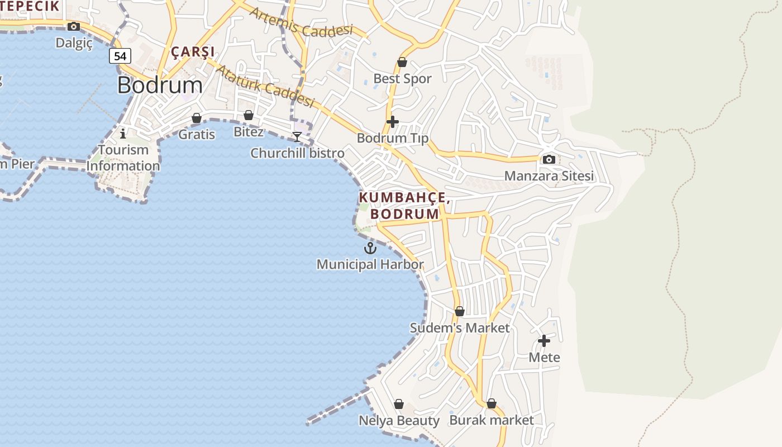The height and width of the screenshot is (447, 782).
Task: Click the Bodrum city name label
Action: [x=160, y=85]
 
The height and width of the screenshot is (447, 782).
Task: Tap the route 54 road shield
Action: [x=120, y=56]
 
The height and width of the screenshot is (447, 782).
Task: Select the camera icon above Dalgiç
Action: [x=73, y=26]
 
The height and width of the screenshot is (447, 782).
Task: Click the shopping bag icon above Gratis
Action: [x=197, y=118]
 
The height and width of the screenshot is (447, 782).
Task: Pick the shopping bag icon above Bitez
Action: [x=249, y=115]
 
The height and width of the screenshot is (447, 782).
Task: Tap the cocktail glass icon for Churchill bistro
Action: [x=297, y=136]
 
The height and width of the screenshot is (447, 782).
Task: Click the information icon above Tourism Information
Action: [x=123, y=134]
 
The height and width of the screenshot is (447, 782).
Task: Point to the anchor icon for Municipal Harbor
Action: [x=370, y=248]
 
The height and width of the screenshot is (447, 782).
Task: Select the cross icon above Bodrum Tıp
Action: [x=393, y=121]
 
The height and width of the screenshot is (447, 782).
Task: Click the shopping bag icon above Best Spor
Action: [x=402, y=62]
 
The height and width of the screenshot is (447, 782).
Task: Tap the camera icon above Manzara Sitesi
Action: [x=549, y=159]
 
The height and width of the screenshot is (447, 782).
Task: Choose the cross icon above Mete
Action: [x=544, y=340]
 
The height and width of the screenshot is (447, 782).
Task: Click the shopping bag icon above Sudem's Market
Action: [x=460, y=311]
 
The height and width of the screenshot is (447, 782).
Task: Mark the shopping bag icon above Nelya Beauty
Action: [x=399, y=403]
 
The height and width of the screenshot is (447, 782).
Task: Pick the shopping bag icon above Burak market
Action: [x=492, y=403]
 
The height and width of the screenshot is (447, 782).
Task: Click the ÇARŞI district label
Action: [x=193, y=52]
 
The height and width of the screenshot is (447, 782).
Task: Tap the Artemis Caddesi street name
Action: [x=301, y=22]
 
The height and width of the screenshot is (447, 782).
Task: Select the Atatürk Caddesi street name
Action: [x=266, y=86]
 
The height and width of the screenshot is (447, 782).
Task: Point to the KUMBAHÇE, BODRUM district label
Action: [x=404, y=206]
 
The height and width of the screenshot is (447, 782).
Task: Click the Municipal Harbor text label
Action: [x=370, y=264]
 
